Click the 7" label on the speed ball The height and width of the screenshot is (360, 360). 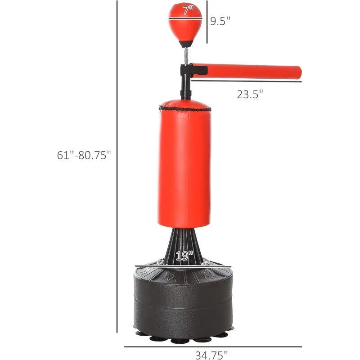click(x=188, y=10)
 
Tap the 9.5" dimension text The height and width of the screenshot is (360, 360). click(x=220, y=21)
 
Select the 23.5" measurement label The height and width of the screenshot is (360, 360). click(x=250, y=94)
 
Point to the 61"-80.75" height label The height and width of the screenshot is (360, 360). click(x=84, y=155)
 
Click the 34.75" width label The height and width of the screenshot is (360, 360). click(x=211, y=355)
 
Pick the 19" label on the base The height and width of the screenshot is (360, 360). click(x=184, y=256)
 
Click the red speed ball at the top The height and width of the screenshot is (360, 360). click(x=185, y=22)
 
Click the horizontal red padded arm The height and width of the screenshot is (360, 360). click(x=246, y=72)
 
